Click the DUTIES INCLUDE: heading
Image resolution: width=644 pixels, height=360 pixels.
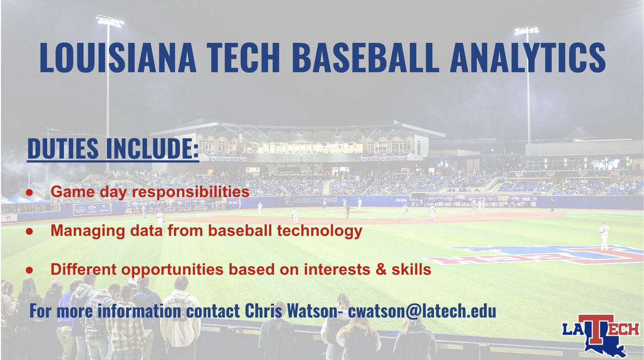[x=113, y=149]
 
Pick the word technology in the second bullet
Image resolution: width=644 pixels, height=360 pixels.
[x=324, y=231]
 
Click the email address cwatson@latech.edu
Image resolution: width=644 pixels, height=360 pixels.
[x=420, y=311]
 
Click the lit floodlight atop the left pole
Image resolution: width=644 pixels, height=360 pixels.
[x=109, y=21]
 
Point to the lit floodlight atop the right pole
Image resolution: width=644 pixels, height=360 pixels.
[x=526, y=31]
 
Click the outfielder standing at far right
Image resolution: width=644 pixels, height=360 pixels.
[x=604, y=236]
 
